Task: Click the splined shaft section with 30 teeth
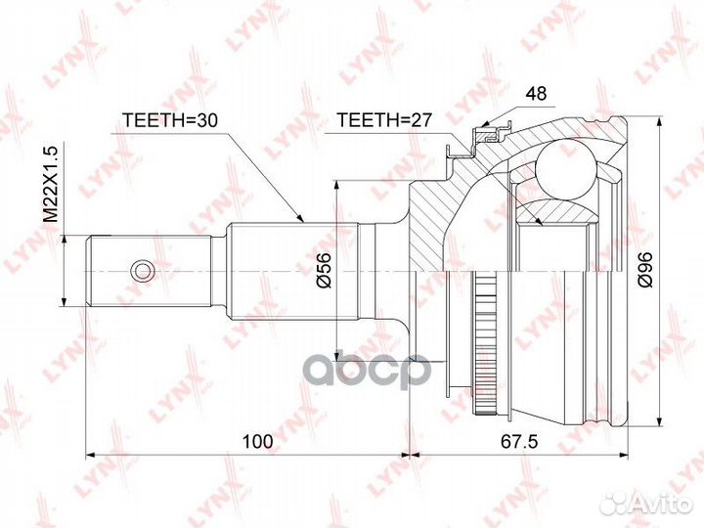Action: (x=293, y=270)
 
